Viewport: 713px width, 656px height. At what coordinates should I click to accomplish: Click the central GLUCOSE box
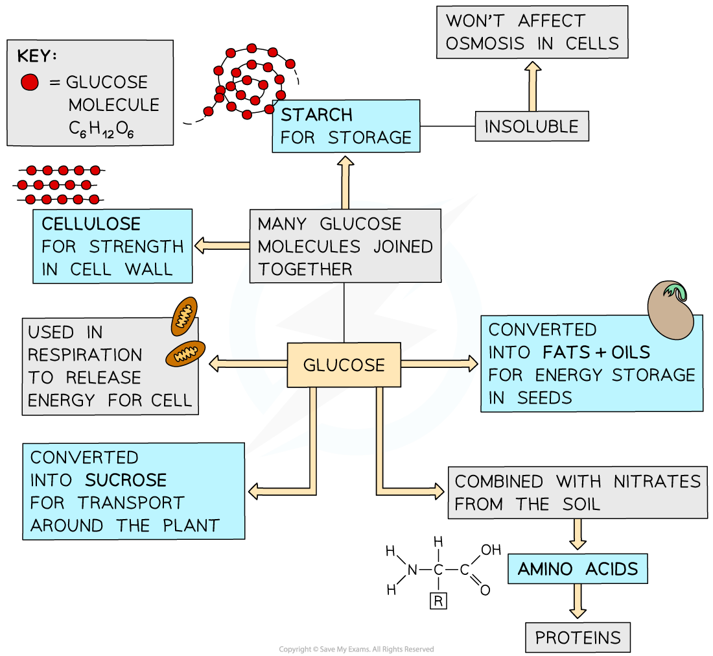coord(344,365)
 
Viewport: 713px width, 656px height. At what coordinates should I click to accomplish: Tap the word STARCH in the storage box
coord(316,115)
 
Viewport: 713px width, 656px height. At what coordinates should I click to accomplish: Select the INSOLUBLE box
coord(532,127)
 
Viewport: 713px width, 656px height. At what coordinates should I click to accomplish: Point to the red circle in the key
coord(30,82)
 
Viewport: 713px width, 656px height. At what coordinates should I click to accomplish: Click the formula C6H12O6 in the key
coord(101,129)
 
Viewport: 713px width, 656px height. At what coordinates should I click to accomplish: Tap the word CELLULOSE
coord(91,224)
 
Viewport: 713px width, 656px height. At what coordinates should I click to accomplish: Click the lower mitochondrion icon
coord(185,354)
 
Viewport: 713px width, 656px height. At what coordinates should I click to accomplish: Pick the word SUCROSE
coord(125,480)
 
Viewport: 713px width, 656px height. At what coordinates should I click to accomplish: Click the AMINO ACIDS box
coord(578,569)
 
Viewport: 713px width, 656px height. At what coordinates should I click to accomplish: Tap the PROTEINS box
coord(578,638)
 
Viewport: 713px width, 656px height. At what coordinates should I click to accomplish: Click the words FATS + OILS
coord(596,352)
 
